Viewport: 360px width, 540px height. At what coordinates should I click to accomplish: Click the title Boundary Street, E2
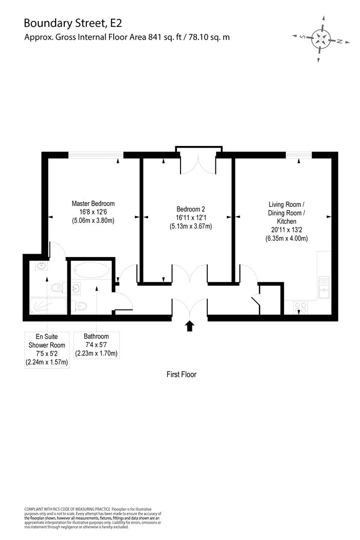pyautogui.click(x=73, y=23)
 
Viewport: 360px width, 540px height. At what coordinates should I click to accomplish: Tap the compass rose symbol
pyautogui.click(x=321, y=39)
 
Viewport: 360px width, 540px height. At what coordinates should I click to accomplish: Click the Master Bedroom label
pyautogui.click(x=93, y=204)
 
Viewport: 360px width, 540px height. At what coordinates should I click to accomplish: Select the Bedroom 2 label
pyautogui.click(x=190, y=209)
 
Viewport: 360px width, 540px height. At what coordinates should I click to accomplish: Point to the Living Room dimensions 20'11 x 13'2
pyautogui.click(x=286, y=230)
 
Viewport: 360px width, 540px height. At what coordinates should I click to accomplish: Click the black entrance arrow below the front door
pyautogui.click(x=189, y=326)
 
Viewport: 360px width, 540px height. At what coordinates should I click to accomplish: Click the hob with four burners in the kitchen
pyautogui.click(x=300, y=307)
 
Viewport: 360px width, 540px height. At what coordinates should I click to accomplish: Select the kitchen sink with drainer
pyautogui.click(x=324, y=287)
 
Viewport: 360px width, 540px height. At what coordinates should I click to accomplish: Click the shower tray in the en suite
pyautogui.click(x=48, y=306)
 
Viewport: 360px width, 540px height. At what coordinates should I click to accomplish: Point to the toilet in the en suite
pyautogui.click(x=57, y=287)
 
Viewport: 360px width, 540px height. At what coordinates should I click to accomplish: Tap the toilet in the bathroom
pyautogui.click(x=79, y=305)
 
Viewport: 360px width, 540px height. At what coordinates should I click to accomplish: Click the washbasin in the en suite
pyautogui.click(x=42, y=265)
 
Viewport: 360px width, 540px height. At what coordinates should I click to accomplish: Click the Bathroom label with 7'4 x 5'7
pyautogui.click(x=97, y=345)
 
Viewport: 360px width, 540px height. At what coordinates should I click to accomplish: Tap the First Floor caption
pyautogui.click(x=182, y=374)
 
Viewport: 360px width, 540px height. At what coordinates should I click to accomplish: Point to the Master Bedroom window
pyautogui.click(x=96, y=155)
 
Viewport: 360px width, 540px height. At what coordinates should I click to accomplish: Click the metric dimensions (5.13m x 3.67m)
pyautogui.click(x=190, y=226)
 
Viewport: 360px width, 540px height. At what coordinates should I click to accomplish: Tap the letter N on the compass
pyautogui.click(x=339, y=41)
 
